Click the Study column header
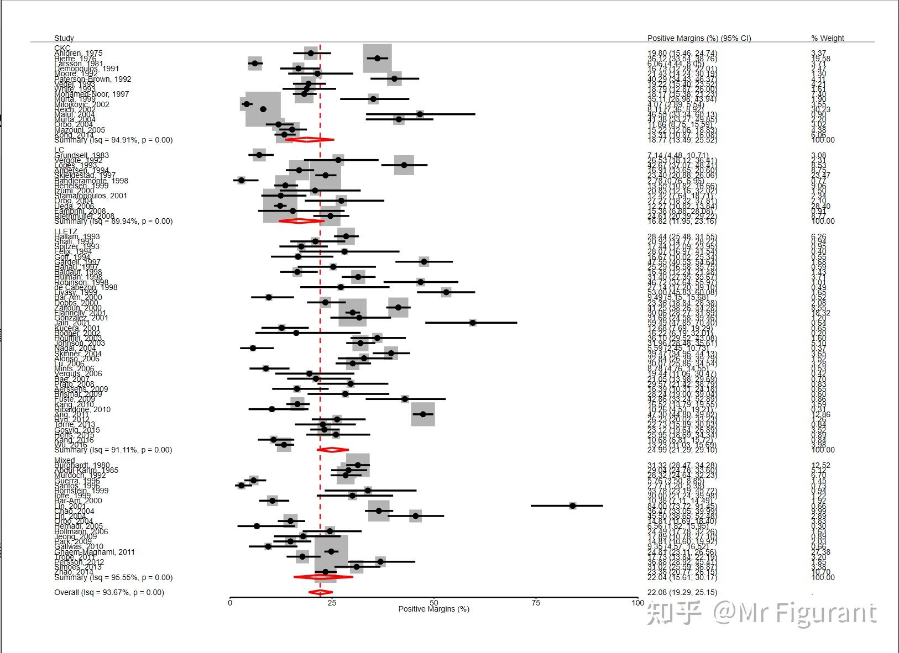tap(64, 38)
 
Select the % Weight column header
tap(827, 38)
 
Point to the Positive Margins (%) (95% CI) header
tap(699, 38)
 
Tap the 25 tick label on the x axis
tap(332, 603)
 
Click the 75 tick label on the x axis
tap(536, 603)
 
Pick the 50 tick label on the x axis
tap(434, 603)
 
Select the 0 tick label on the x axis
tap(230, 603)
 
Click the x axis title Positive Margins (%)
tap(433, 609)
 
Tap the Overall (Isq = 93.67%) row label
tap(109, 592)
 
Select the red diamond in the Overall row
tap(320, 592)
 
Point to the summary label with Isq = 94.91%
tap(113, 140)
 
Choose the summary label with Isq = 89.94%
tap(113, 221)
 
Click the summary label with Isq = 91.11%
tap(113, 450)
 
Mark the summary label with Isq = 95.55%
tap(113, 577)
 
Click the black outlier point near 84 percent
tap(573, 505)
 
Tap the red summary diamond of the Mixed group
tap(322, 577)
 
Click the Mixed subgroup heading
tap(64, 460)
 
